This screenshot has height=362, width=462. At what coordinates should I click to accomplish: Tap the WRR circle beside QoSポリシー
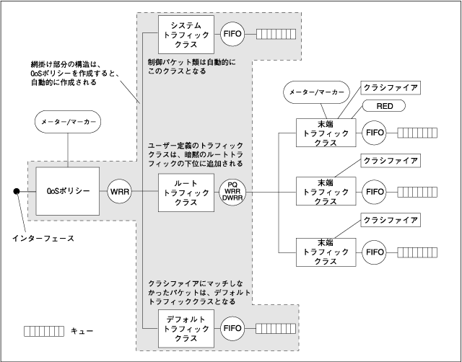click(x=119, y=192)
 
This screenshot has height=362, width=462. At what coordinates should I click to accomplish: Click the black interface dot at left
click(x=15, y=192)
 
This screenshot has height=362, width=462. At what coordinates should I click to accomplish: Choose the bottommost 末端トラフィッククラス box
click(x=327, y=252)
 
